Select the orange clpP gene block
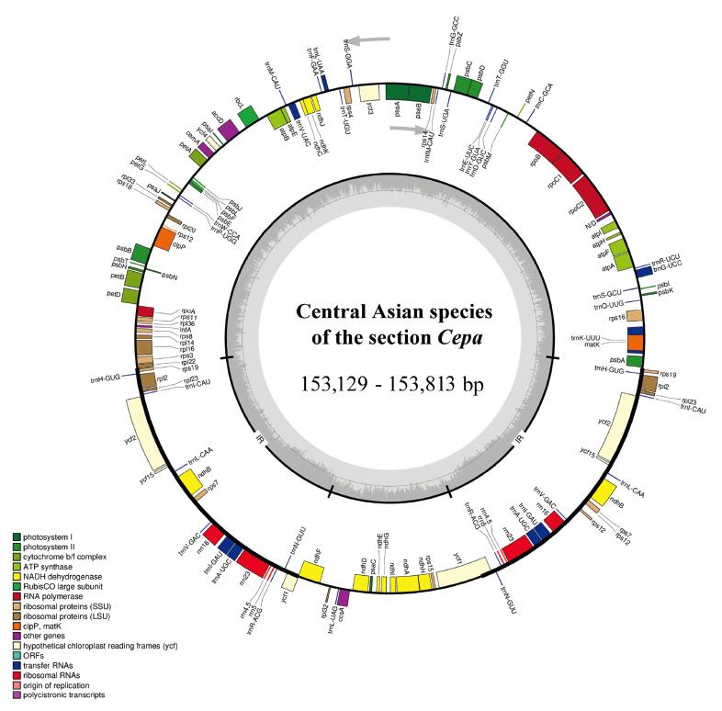coord(163,240)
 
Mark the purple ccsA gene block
coord(343,598)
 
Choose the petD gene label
coord(113,294)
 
